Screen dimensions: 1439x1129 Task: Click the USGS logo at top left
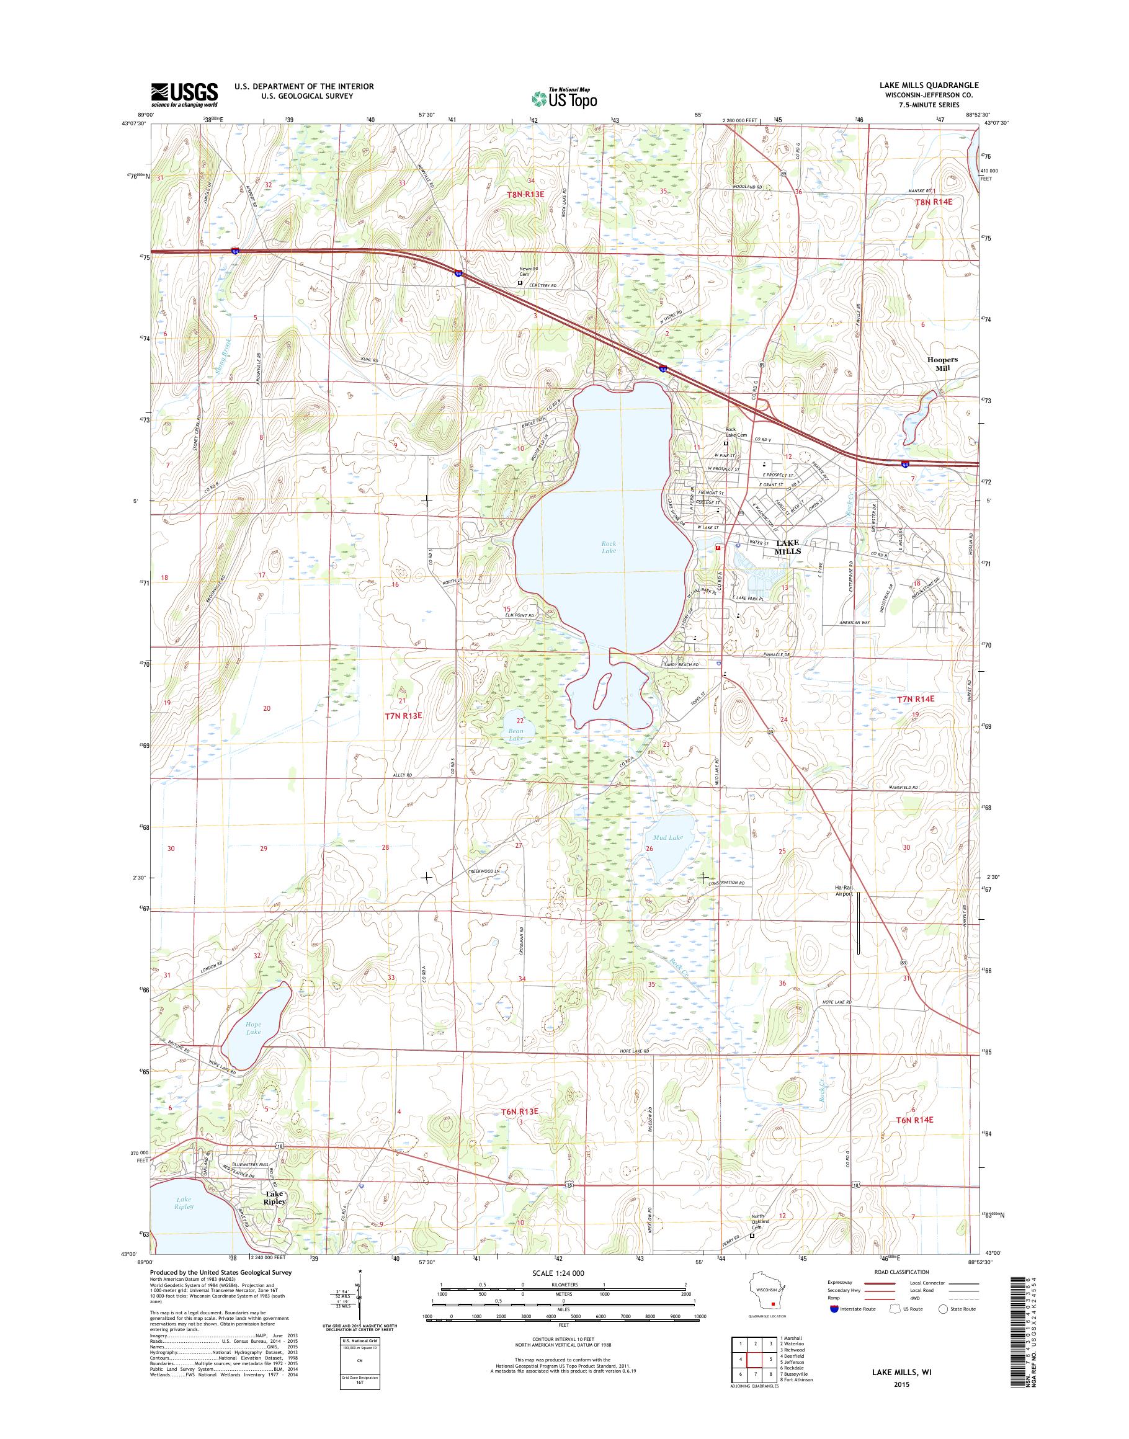(x=184, y=94)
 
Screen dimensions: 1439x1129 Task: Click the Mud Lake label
(x=672, y=837)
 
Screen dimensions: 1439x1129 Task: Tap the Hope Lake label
(x=253, y=1028)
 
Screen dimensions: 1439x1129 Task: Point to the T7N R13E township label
(x=403, y=715)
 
